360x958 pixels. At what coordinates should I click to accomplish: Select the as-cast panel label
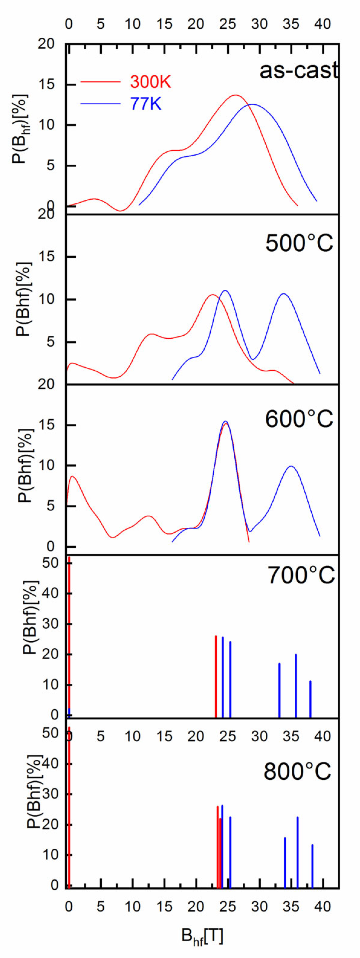point(299,70)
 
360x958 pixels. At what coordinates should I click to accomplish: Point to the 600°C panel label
point(299,419)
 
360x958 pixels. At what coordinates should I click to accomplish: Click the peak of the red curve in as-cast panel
point(235,95)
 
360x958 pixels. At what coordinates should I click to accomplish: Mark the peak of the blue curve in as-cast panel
point(252,105)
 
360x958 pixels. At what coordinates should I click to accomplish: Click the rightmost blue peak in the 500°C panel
point(284,294)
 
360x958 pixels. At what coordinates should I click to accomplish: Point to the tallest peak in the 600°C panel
point(225,421)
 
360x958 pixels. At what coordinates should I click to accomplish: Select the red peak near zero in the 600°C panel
point(73,476)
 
